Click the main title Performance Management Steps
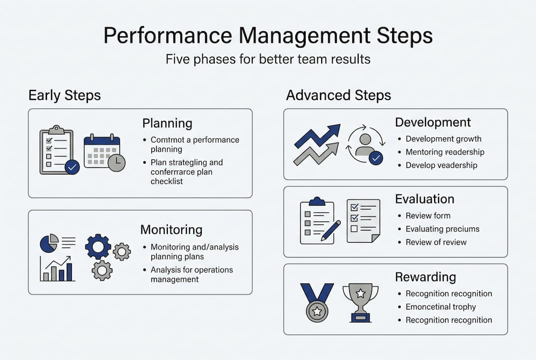(x=268, y=35)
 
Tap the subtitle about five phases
(x=268, y=59)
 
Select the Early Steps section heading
(x=64, y=95)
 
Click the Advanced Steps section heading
(x=338, y=95)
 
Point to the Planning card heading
(x=167, y=123)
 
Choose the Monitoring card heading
(x=171, y=229)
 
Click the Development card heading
(x=433, y=122)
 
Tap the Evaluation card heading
(x=425, y=199)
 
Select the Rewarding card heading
(x=426, y=277)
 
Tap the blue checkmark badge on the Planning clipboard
(x=72, y=167)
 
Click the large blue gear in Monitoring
(x=98, y=246)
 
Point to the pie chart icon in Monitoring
(x=49, y=243)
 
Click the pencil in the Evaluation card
(x=331, y=230)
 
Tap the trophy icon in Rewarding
(x=360, y=302)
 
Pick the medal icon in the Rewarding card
(x=317, y=302)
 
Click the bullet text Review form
(x=428, y=216)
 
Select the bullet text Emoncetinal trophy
(x=441, y=307)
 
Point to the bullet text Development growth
(x=444, y=139)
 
